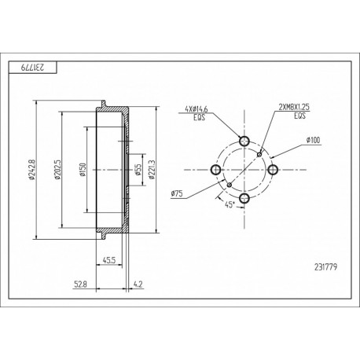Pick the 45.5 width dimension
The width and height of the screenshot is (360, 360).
(x=110, y=260)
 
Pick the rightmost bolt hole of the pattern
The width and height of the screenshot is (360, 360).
(x=273, y=170)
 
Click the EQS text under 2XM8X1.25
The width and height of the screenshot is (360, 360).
(x=299, y=115)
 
